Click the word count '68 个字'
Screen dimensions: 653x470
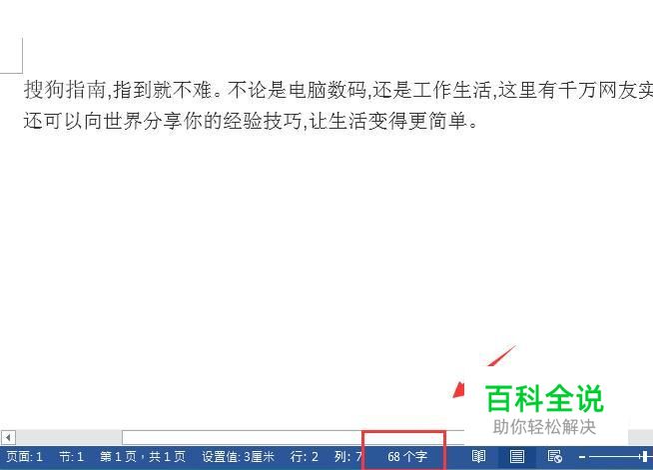click(406, 457)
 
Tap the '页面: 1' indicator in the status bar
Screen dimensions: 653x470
click(25, 457)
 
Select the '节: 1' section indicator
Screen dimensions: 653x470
click(71, 457)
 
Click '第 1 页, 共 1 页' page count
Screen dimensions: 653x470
click(143, 457)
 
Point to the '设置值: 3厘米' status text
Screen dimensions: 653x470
click(239, 457)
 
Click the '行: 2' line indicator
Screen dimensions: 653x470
click(304, 457)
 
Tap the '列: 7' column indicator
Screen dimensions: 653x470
click(347, 457)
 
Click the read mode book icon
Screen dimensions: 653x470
click(478, 457)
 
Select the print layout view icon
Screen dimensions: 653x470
click(517, 457)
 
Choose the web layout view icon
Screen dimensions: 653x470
click(555, 457)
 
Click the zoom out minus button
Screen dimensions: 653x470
click(582, 457)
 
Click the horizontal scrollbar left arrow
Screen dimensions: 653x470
click(8, 437)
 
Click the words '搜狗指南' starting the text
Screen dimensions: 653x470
click(65, 90)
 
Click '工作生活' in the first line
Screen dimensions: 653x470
click(451, 90)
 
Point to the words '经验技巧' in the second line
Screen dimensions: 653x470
click(262, 121)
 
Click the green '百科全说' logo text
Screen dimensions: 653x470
click(544, 398)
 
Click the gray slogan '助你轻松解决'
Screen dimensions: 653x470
click(544, 427)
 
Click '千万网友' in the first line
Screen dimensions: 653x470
click(598, 90)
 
